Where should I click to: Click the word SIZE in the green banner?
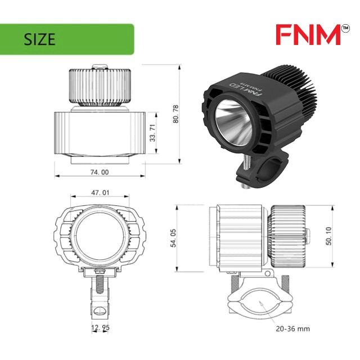(x=39, y=39)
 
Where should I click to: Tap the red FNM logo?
(x=308, y=35)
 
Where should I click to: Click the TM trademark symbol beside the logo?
(x=345, y=29)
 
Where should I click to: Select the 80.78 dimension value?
(x=175, y=114)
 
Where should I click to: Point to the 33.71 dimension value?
(x=152, y=133)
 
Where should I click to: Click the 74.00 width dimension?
(x=100, y=172)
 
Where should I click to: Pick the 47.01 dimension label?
(x=100, y=192)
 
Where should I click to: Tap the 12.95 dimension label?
(x=100, y=327)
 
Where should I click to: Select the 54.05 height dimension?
(x=173, y=238)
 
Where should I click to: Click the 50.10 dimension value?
(x=328, y=236)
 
